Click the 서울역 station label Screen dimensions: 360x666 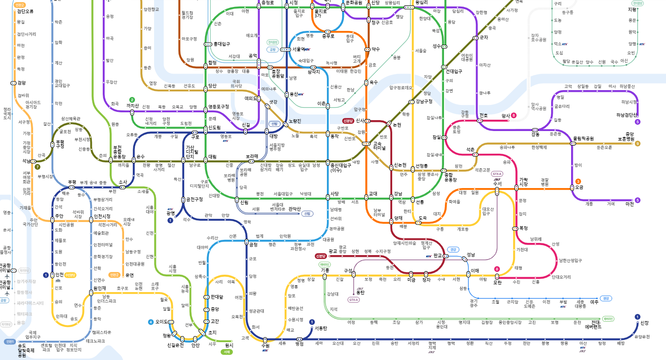(x=299, y=50)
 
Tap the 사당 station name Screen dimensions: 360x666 (x=334, y=194)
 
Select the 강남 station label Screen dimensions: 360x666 (x=398, y=194)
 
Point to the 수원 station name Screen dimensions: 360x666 (x=266, y=346)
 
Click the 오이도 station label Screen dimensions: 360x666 (x=161, y=322)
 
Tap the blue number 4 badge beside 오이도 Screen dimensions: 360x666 (x=151, y=322)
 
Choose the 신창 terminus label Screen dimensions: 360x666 (x=645, y=323)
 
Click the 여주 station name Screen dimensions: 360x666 (x=594, y=302)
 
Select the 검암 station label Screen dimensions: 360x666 (x=21, y=83)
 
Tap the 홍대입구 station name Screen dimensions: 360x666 (x=222, y=44)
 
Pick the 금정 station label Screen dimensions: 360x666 (x=253, y=245)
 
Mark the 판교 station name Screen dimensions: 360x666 (x=437, y=256)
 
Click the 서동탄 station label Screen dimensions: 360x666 (x=321, y=328)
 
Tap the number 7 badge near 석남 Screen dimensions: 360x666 (x=37, y=167)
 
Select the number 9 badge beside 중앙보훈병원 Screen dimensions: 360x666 (x=638, y=144)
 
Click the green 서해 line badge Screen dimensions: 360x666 (x=227, y=352)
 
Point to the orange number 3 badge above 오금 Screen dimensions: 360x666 (x=578, y=182)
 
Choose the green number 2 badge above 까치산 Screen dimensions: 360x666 (x=132, y=100)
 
